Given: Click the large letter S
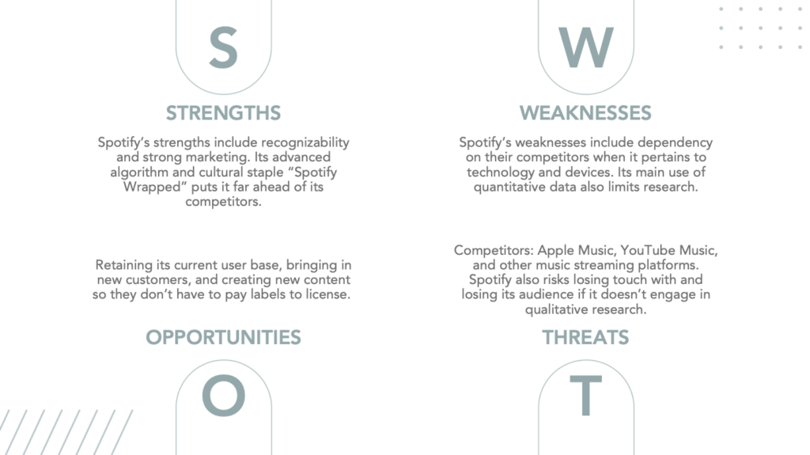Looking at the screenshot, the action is pyautogui.click(x=223, y=47).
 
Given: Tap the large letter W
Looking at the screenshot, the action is pyautogui.click(x=586, y=47).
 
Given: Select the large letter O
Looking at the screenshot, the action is pyautogui.click(x=223, y=396).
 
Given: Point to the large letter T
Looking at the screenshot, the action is pyautogui.click(x=586, y=396).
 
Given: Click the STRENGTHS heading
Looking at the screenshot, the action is pyautogui.click(x=223, y=112).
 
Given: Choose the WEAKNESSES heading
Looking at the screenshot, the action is pyautogui.click(x=585, y=112).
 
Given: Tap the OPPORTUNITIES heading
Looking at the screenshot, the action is pyautogui.click(x=223, y=337).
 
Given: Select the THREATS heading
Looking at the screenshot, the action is pyautogui.click(x=585, y=337).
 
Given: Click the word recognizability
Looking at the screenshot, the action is pyautogui.click(x=305, y=142).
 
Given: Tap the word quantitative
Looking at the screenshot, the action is pyautogui.click(x=509, y=188).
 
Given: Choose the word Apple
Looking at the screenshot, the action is pyautogui.click(x=556, y=251).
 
